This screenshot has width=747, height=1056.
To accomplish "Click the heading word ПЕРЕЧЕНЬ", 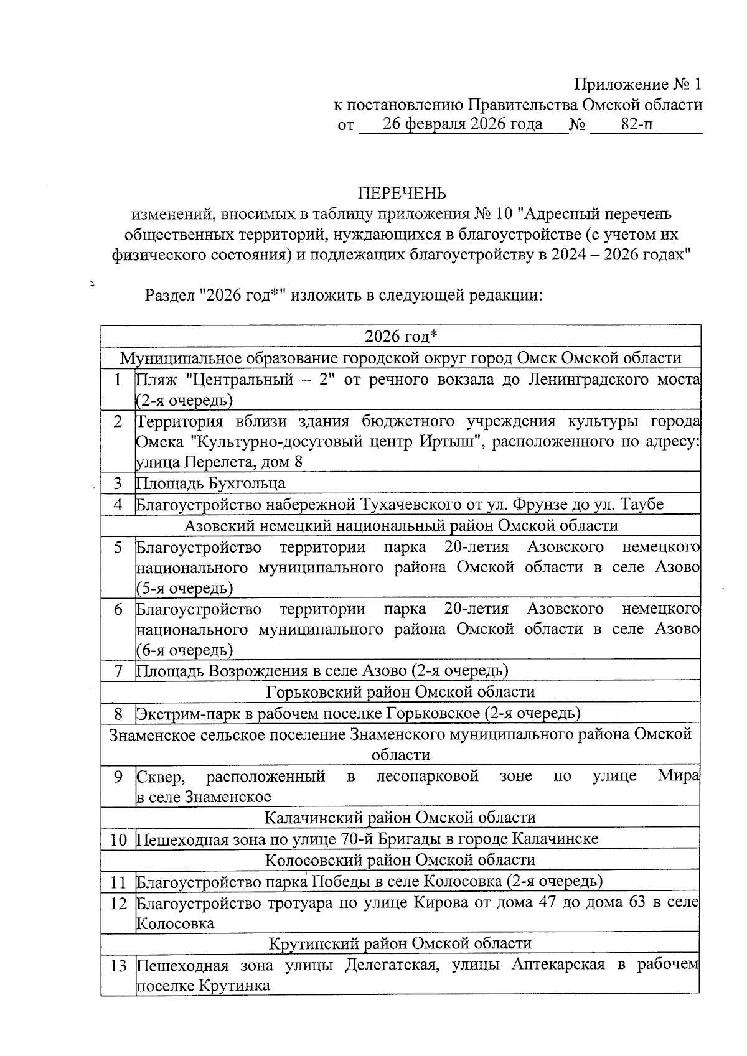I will point(401,192).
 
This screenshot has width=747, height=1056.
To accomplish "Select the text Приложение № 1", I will point(637,84).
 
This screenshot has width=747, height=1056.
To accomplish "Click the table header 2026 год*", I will point(401,337).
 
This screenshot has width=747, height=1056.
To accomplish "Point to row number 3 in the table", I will point(118,484).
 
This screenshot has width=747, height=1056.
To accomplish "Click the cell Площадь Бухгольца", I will point(210,484).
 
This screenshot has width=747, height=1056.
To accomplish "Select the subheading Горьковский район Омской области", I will point(400,692).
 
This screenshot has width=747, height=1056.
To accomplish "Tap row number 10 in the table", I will point(118,839).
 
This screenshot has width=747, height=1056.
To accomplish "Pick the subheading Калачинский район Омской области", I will point(400,817).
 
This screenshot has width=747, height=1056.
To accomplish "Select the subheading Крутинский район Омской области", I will point(400,943).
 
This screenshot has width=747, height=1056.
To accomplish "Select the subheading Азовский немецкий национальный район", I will point(401,525).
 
